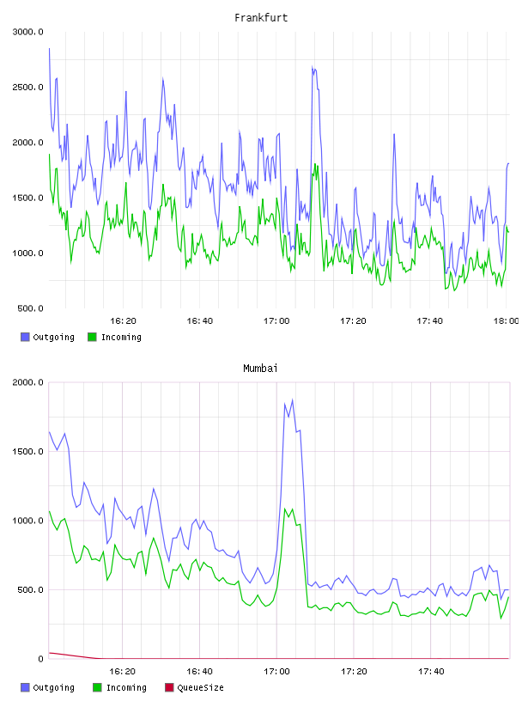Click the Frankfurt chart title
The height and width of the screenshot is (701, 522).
[x=261, y=18]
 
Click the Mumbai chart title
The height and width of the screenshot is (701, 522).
[x=260, y=369]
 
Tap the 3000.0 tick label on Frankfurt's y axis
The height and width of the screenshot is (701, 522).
[x=27, y=32]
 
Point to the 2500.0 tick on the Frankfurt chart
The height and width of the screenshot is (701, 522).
[x=27, y=87]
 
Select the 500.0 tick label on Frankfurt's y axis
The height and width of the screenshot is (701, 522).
[x=30, y=308]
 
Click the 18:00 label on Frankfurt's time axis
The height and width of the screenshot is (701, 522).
[x=506, y=320]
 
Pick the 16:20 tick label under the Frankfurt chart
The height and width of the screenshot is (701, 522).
[x=123, y=320]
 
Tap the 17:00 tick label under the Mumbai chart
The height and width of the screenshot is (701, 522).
[x=276, y=671]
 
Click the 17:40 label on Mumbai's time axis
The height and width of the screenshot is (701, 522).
[x=431, y=671]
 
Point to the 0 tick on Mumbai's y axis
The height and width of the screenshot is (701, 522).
[x=40, y=659]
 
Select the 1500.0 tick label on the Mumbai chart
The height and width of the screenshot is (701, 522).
[x=27, y=452]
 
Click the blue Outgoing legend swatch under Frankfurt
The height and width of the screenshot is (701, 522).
[x=25, y=337]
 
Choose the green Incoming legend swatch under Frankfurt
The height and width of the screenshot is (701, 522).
[x=92, y=337]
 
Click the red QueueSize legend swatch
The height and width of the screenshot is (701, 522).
[x=169, y=687]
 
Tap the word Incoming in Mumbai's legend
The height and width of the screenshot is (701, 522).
[x=126, y=687]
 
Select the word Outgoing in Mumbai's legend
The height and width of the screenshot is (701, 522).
[x=53, y=687]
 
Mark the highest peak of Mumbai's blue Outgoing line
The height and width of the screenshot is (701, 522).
[x=292, y=400]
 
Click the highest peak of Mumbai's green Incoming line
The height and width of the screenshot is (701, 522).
[x=285, y=509]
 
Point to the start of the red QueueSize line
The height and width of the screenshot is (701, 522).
[x=49, y=653]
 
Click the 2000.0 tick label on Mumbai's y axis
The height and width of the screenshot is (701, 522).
[x=27, y=382]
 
